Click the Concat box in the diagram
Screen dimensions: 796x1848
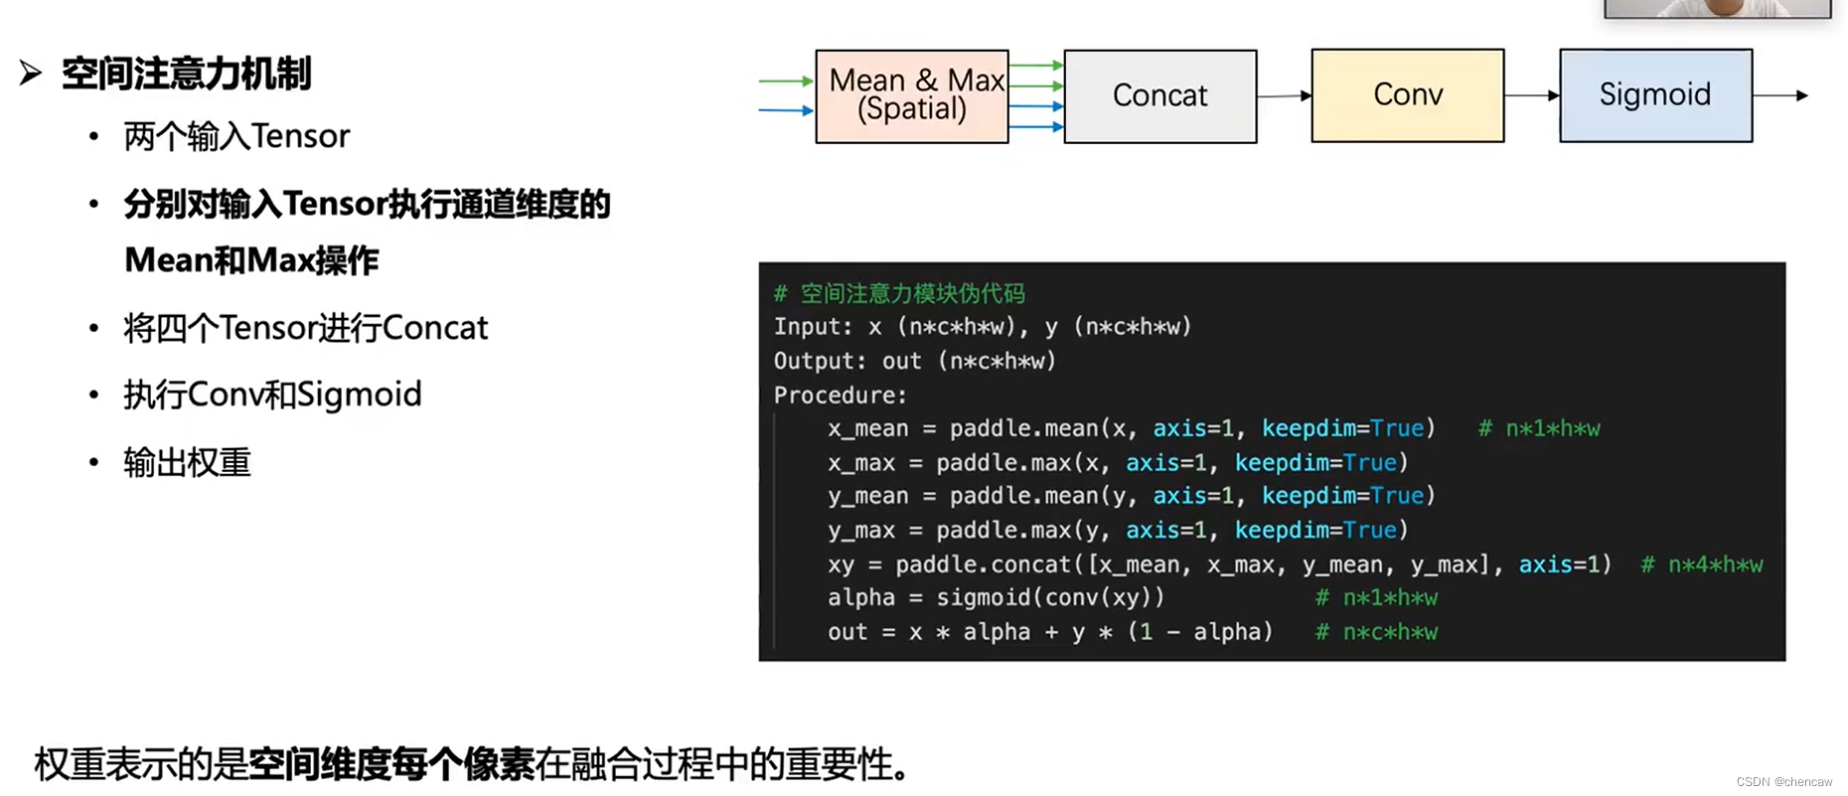point(1159,96)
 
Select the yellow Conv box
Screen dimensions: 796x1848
point(1407,95)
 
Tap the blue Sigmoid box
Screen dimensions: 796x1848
point(1655,95)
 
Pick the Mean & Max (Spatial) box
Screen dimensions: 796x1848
point(912,96)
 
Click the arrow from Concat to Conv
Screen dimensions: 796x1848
point(1284,96)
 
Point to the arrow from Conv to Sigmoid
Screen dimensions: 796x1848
point(1531,95)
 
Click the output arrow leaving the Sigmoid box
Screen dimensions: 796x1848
point(1779,95)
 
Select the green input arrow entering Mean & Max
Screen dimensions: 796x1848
point(785,81)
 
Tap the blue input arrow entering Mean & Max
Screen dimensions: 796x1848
point(785,110)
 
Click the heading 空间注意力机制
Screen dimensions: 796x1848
point(186,74)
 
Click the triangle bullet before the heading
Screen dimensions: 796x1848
point(31,73)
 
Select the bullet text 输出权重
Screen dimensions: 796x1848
point(187,463)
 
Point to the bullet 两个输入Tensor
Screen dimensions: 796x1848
point(236,136)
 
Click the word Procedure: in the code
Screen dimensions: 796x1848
point(840,396)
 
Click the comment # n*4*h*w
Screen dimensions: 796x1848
point(1701,565)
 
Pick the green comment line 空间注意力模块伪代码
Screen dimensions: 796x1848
point(900,294)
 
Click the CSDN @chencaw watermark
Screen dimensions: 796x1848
point(1783,782)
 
